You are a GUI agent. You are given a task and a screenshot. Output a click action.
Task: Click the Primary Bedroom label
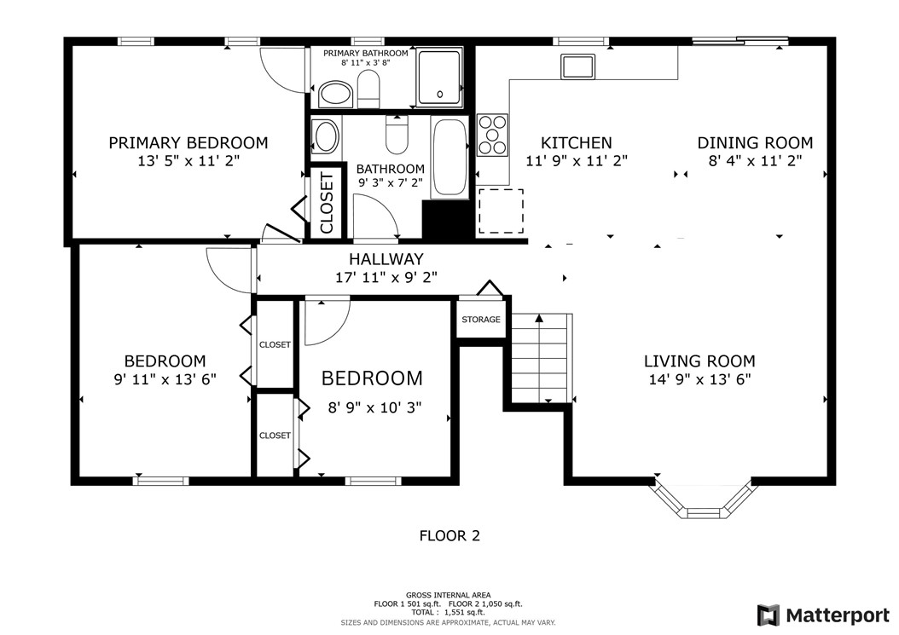pos(188,143)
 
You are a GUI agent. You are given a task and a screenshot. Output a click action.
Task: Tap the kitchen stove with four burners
pos(492,135)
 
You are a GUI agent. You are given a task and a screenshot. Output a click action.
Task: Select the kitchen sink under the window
pos(577,65)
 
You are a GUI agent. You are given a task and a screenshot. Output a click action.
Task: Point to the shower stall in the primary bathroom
pos(440,78)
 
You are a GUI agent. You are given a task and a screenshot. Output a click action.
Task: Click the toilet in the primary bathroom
pos(368,89)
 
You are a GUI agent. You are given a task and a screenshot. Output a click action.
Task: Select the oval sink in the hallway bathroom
pos(325,136)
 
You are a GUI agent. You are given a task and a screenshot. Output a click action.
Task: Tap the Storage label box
pos(481,320)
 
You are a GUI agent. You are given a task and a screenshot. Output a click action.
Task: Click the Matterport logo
pos(825,615)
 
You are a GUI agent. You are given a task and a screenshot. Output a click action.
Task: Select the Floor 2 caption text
pos(449,536)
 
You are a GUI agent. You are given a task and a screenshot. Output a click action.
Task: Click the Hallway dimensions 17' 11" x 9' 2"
pos(386,277)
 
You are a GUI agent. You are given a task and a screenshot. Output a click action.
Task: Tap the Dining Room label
pos(755,143)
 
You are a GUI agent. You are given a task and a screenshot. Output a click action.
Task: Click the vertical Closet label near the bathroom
pos(326,202)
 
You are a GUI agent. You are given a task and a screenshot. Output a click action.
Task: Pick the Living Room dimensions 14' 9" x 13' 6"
pos(699,380)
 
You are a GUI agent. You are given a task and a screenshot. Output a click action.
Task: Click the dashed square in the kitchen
pos(501,211)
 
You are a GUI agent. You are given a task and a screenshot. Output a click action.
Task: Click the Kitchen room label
pos(577,143)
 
